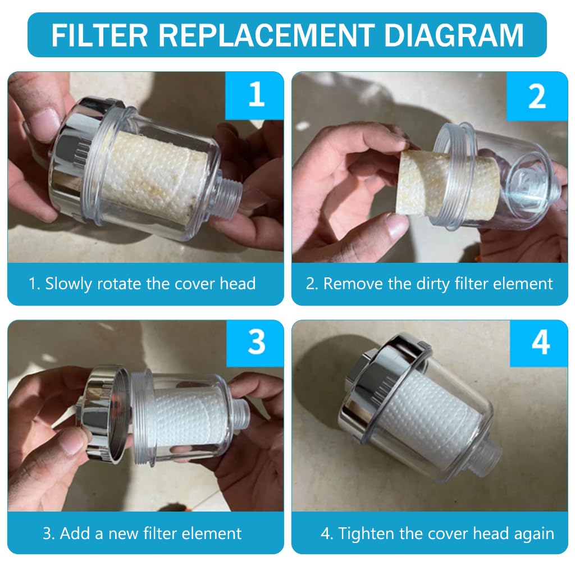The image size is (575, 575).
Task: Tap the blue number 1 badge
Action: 256,95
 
